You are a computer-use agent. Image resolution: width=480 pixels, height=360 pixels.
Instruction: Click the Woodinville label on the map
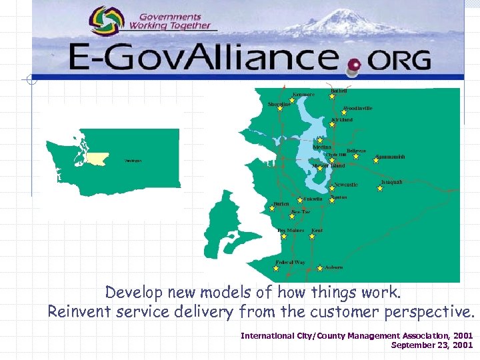pos(357,108)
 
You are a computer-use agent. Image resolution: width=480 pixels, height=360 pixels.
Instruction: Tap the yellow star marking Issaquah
pos(380,189)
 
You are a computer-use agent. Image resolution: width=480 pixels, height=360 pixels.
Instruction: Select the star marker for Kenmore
pos(291,101)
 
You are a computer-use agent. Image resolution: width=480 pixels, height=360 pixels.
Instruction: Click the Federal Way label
pos(290,262)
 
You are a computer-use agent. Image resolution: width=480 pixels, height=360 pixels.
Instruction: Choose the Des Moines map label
pos(291,230)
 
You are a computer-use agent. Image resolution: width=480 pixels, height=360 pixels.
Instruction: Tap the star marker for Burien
pos(271,208)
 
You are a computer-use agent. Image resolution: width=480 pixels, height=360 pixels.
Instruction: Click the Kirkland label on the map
pos(342,120)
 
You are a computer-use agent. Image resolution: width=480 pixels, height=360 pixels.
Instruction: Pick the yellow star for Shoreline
pos(280,109)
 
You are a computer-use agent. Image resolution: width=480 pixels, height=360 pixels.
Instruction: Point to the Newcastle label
pos(346,185)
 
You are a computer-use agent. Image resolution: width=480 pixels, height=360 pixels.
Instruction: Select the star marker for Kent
pos(311,236)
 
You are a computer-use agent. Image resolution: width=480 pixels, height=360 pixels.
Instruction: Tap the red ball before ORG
pos(353,65)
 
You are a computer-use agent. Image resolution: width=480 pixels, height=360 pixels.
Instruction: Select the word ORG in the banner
pos(398,62)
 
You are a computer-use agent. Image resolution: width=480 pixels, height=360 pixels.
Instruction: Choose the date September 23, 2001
pos(431,345)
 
